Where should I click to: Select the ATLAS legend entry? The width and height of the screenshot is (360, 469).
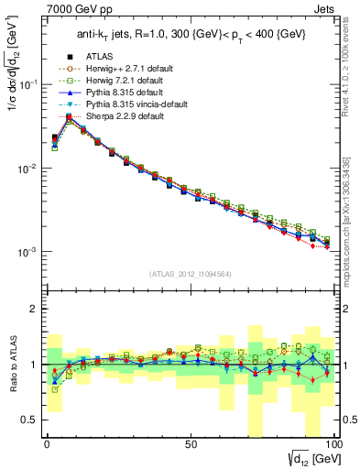click(100, 56)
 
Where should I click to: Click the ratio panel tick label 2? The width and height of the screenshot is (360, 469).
click(34, 309)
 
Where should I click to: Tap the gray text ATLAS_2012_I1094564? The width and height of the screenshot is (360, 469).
click(190, 273)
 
